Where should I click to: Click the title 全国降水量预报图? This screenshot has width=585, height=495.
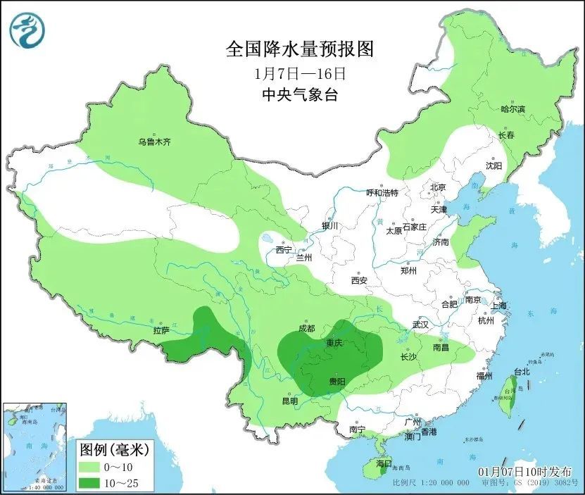pos(298,49)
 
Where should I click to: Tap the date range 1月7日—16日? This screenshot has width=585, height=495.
pos(298,73)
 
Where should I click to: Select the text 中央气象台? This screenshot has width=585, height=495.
pos(298,94)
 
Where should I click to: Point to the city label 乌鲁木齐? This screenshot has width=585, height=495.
pos(154,142)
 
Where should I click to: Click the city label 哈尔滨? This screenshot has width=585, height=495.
pos(512,109)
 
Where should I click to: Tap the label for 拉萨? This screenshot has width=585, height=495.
pos(161,330)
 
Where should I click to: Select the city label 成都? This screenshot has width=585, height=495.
pos(306,327)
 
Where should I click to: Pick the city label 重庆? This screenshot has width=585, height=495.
pos(334,343)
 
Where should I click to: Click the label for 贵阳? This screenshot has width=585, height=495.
pos(337,381)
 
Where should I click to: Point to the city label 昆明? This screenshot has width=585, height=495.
pos(290,401)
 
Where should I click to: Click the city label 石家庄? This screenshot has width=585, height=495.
pos(415,227)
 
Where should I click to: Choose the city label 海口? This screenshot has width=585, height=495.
pos(383,463)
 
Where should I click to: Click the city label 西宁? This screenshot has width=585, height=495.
pos(284,249)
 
